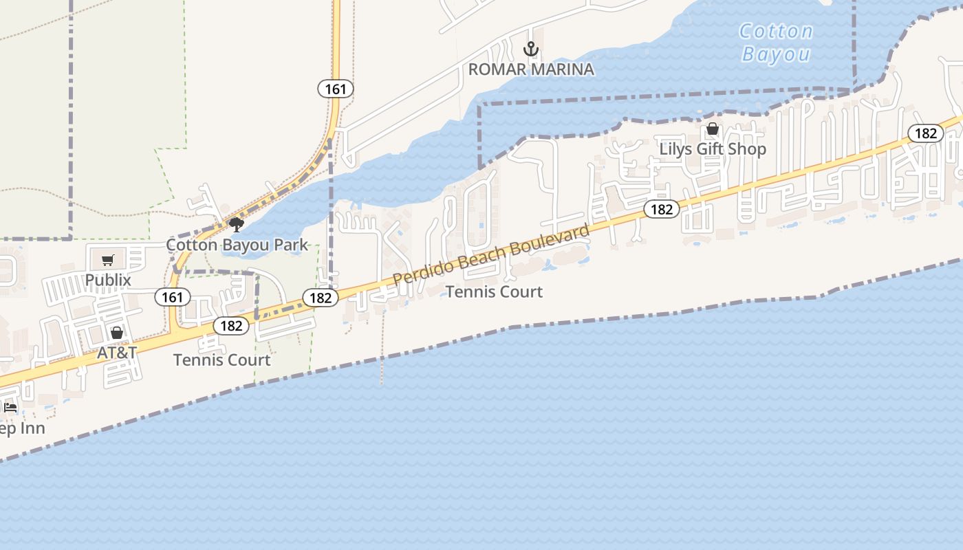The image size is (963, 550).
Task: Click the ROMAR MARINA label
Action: click(x=531, y=69)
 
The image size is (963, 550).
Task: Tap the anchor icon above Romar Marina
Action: click(x=530, y=49)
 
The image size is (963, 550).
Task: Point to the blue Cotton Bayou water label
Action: click(x=777, y=43)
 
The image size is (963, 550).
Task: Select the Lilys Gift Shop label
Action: click(x=713, y=148)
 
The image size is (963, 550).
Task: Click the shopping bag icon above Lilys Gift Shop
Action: click(x=713, y=129)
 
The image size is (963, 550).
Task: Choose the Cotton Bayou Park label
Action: click(x=237, y=245)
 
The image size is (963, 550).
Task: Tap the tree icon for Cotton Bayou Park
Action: click(x=237, y=224)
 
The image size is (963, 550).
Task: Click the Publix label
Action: click(x=108, y=280)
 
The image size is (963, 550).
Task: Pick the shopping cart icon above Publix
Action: click(x=107, y=260)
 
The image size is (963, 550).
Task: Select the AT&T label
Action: click(x=117, y=352)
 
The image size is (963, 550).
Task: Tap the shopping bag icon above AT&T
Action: click(x=117, y=333)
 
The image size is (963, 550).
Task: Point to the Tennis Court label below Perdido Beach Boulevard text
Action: click(x=494, y=291)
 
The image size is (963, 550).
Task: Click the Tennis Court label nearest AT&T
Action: click(x=221, y=360)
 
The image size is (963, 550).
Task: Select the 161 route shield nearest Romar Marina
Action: click(x=336, y=88)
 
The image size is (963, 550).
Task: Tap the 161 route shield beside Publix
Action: click(x=173, y=297)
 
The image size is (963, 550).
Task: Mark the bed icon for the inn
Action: click(x=10, y=408)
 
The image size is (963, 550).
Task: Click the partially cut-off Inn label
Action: click(x=22, y=428)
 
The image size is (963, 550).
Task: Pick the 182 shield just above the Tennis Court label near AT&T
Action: click(x=231, y=325)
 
